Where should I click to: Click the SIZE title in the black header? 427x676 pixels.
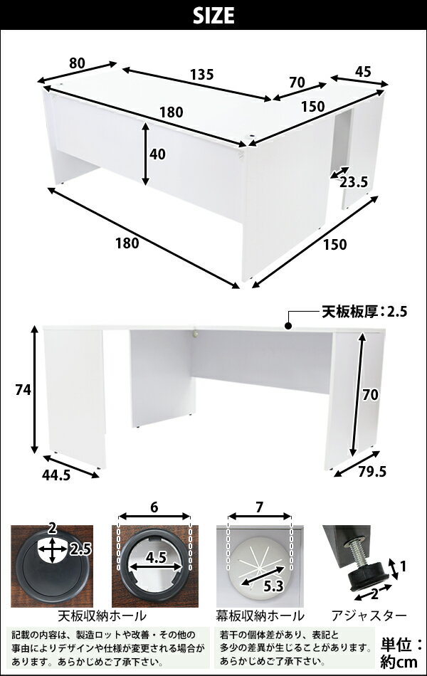tap(213, 16)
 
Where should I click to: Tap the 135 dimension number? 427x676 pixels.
tap(202, 75)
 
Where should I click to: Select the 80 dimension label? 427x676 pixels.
tap(77, 63)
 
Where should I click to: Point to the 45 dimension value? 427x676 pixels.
tap(363, 72)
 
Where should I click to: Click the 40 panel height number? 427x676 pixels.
tap(157, 154)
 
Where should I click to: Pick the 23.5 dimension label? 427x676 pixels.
tap(353, 182)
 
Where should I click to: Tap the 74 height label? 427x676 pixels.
tap(23, 390)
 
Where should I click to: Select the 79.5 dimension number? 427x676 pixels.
tap(372, 472)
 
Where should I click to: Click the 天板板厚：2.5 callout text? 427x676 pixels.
tap(364, 311)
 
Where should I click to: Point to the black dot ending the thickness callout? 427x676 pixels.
tap(288, 327)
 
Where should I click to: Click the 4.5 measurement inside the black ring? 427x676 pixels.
tap(156, 558)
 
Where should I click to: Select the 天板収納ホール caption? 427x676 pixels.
tap(102, 616)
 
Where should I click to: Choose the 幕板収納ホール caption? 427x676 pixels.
tap(260, 616)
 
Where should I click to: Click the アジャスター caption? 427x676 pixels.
tap(369, 616)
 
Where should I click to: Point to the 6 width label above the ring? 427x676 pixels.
tap(154, 508)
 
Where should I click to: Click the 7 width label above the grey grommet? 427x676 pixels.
tap(259, 508)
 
